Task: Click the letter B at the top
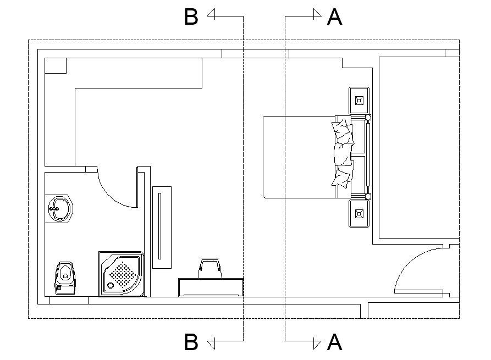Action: [x=191, y=17]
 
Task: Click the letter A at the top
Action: [x=334, y=17]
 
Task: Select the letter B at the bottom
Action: [x=191, y=342]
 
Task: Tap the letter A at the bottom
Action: [x=334, y=342]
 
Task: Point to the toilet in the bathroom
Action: [x=65, y=276]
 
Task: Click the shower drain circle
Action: [x=111, y=285]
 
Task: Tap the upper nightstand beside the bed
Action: [x=359, y=101]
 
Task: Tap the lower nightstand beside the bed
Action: [x=359, y=213]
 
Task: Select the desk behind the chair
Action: [x=211, y=287]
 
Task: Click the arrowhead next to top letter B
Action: [x=212, y=15]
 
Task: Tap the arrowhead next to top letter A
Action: [x=317, y=15]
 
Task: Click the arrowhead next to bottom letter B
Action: [x=212, y=343]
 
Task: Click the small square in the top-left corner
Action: [x=55, y=65]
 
